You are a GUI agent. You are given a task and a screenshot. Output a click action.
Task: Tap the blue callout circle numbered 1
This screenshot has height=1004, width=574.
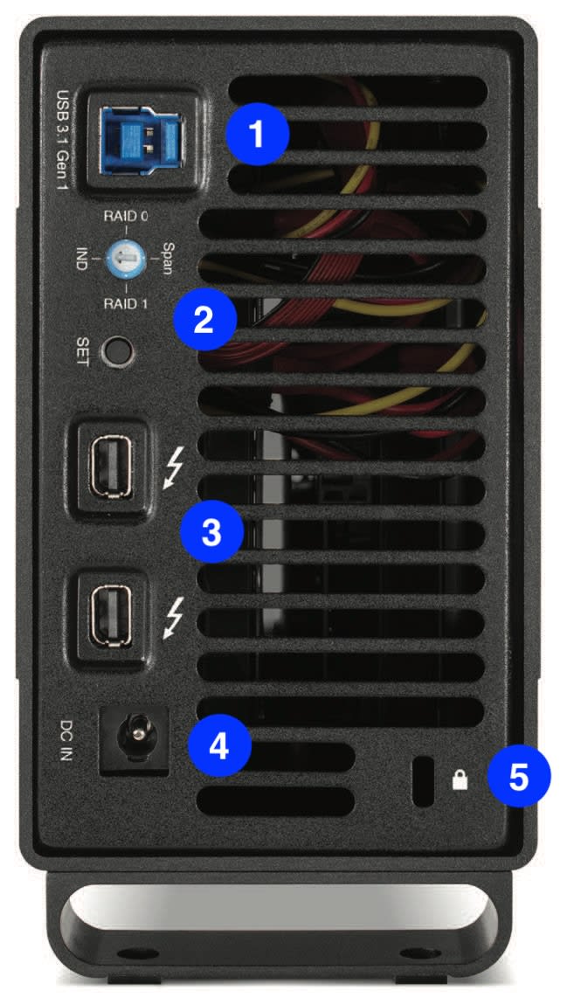257,134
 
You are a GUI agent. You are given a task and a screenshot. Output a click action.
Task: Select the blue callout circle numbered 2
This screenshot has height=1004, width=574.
204,318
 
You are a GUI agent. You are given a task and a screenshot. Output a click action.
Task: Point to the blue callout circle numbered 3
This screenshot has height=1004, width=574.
211,530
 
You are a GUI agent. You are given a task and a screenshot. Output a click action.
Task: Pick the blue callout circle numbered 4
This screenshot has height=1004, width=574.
218,745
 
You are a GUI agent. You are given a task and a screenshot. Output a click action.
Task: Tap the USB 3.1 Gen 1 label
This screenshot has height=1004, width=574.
64,140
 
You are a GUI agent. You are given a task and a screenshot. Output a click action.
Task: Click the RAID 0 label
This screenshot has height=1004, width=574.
126,216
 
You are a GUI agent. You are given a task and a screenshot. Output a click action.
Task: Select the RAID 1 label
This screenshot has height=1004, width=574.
126,303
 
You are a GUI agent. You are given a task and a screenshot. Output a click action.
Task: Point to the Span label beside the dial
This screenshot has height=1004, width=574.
167,258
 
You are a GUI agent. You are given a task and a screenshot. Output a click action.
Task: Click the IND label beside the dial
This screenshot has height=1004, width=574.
82,258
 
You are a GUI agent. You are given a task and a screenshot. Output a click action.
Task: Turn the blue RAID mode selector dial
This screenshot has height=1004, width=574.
125,260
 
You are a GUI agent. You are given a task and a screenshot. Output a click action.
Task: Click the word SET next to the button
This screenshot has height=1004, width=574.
82,351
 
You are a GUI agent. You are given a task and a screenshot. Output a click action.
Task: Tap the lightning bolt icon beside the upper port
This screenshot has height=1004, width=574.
173,467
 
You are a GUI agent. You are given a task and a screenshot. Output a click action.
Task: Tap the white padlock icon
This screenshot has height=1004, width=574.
460,779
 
